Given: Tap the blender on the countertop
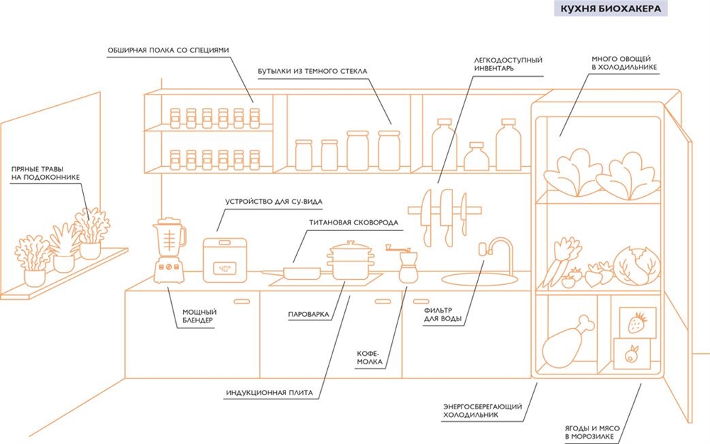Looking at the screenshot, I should click(x=169, y=249).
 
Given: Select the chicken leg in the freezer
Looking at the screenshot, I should click(x=564, y=342).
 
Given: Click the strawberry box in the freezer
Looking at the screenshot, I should click(x=638, y=323).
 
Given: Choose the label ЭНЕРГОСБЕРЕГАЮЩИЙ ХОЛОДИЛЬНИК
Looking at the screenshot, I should click(x=483, y=410).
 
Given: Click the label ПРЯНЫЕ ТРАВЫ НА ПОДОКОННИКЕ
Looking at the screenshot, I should click(x=45, y=173).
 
